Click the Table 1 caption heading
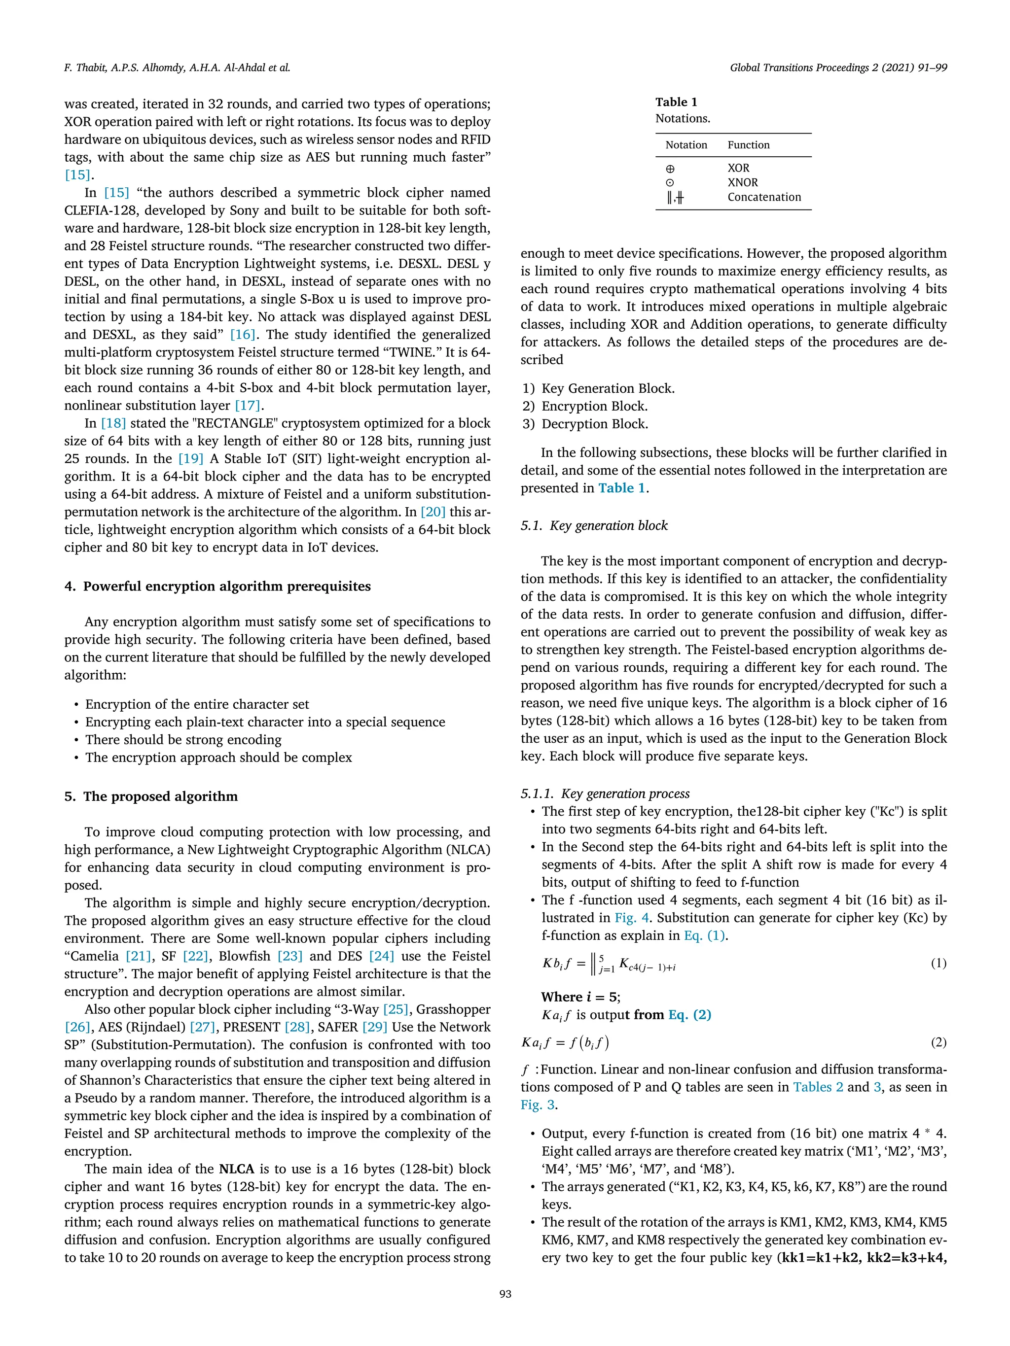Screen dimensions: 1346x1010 (x=676, y=102)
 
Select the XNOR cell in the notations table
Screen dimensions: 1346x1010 (x=742, y=182)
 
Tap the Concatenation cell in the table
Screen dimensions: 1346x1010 (x=763, y=197)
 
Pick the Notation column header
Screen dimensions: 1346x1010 (x=685, y=145)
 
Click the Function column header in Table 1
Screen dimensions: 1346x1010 (x=748, y=145)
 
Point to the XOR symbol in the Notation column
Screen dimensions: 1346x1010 (x=670, y=169)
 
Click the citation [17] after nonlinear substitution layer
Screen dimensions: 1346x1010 (x=247, y=405)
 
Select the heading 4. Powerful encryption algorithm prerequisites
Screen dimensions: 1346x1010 (x=217, y=586)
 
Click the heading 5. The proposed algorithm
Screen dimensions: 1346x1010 (x=151, y=796)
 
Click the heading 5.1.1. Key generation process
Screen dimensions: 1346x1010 (x=605, y=794)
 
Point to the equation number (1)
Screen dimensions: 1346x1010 (x=938, y=963)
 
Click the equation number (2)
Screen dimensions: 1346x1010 (x=938, y=1042)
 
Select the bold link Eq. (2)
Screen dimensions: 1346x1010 (x=689, y=1014)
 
